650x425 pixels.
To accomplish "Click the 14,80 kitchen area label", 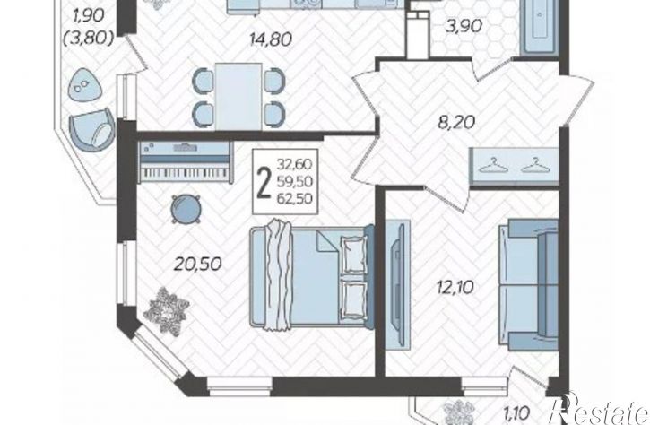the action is (x=271, y=39).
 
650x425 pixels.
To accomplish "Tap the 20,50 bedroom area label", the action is (x=198, y=264).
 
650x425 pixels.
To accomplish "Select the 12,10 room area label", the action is (x=455, y=287).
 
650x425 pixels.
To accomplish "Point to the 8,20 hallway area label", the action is (x=456, y=122).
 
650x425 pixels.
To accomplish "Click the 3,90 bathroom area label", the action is (x=464, y=26).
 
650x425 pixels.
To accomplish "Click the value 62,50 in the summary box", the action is (x=295, y=199).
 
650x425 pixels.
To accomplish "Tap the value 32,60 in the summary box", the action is (x=295, y=164).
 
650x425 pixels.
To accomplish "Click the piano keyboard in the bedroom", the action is (x=186, y=162).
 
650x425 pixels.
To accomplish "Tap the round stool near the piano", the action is (x=186, y=210).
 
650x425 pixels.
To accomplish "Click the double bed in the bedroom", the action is (x=312, y=276).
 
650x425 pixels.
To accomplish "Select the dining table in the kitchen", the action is (x=238, y=97).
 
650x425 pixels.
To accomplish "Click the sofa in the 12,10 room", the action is (x=529, y=285).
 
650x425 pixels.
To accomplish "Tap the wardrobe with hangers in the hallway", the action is (x=514, y=166).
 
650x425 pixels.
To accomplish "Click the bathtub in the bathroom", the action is (x=540, y=26).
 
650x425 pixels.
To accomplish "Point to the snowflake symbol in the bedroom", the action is (x=169, y=310).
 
